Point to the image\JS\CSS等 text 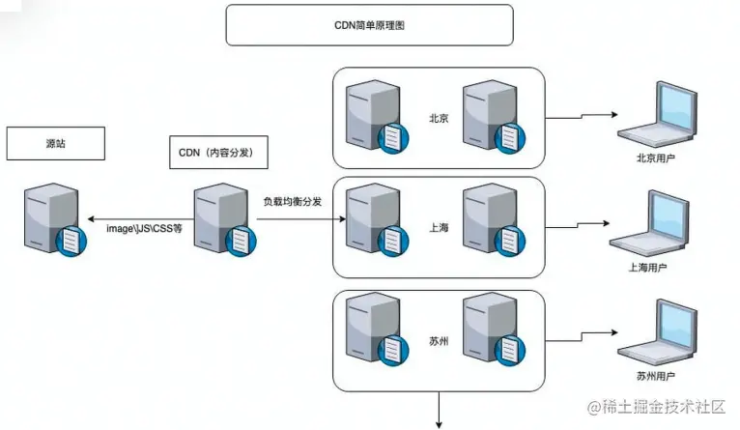point(144,228)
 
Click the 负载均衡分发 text point(294,204)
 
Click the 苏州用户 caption point(656,375)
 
